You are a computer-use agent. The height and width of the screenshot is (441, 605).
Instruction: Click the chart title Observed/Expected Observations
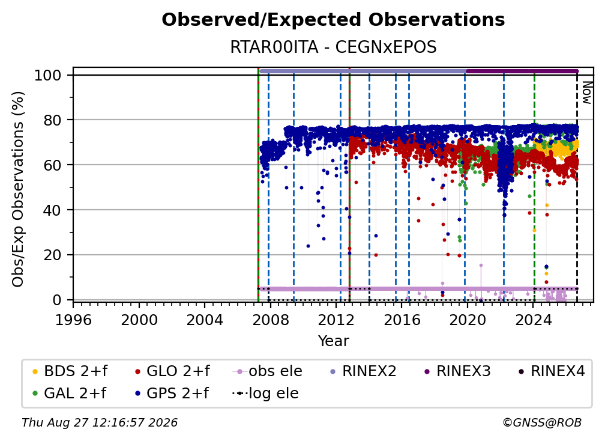[x=333, y=20]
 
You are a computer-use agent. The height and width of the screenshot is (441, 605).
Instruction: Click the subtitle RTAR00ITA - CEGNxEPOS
[x=333, y=47]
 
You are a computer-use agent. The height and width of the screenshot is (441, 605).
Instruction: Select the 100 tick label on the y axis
[x=48, y=75]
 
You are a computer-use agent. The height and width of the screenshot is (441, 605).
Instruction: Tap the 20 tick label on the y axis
[x=52, y=255]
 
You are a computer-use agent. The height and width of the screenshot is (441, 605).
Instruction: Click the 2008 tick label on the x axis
[x=271, y=320]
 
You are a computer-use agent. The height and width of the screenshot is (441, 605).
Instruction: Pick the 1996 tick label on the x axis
[x=74, y=320]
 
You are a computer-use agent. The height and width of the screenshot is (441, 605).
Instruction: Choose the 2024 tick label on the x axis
[x=533, y=320]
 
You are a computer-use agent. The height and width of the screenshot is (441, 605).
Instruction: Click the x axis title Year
[x=333, y=341]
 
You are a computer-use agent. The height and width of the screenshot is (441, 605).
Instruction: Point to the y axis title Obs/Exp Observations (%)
[x=18, y=189]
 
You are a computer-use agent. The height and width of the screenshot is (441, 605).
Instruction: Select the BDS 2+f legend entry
[x=70, y=371]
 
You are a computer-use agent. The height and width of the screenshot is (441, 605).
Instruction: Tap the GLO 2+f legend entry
[x=172, y=371]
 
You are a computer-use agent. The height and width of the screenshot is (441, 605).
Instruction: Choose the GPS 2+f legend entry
[x=171, y=393]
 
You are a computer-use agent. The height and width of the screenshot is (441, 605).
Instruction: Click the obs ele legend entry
[x=268, y=371]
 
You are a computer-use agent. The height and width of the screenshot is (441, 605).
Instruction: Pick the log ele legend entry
[x=265, y=393]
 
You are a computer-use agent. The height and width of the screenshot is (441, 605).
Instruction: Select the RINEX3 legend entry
[x=457, y=371]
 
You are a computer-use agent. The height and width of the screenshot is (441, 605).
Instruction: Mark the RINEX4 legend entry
[x=552, y=371]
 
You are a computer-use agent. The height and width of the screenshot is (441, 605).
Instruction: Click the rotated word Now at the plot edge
[x=587, y=93]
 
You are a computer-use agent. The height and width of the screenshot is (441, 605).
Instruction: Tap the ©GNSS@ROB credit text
[x=542, y=422]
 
